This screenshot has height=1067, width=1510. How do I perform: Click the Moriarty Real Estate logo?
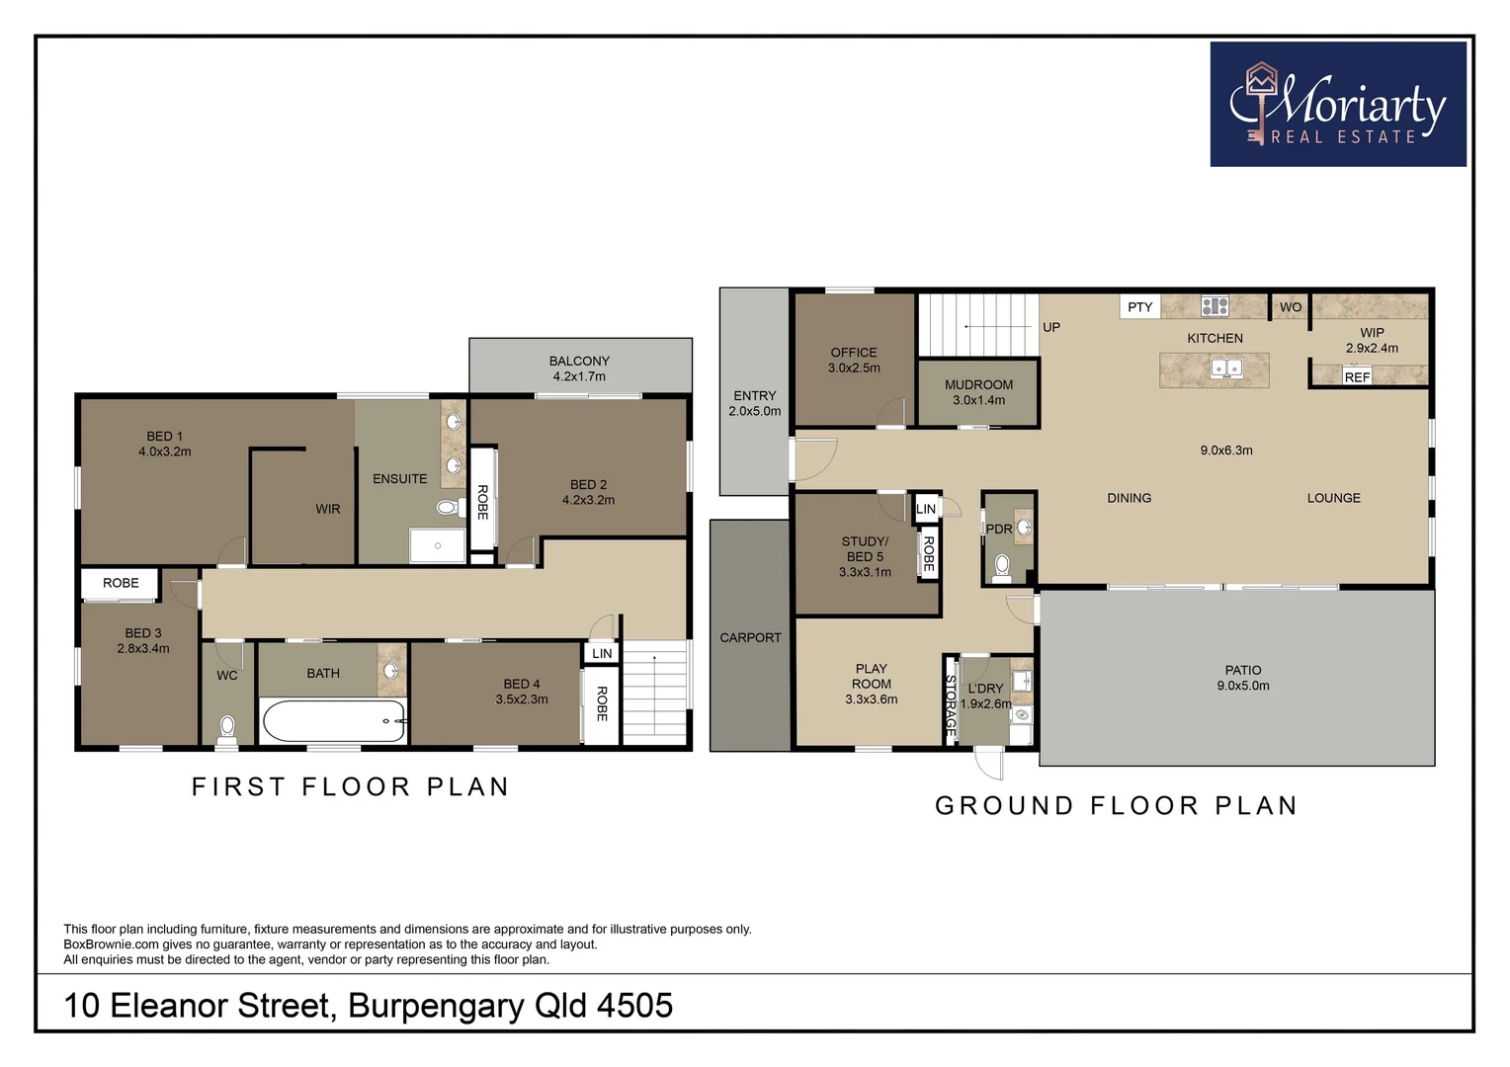(x=1338, y=104)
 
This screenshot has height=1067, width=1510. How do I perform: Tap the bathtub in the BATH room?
(x=334, y=720)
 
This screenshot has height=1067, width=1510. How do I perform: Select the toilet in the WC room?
(x=227, y=730)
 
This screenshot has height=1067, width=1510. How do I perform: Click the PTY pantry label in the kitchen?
(x=1140, y=306)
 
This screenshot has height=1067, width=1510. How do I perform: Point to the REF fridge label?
(x=1357, y=376)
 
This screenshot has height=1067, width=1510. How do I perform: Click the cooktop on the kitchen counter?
(x=1215, y=306)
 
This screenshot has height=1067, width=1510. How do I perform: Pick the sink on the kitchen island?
(x=1227, y=369)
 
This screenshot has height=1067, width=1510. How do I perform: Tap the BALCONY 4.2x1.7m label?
(x=579, y=369)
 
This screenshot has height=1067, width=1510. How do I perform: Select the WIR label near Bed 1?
(x=328, y=509)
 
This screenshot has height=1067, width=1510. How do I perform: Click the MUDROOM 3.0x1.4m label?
(x=978, y=392)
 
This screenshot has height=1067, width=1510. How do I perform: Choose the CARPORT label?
(x=750, y=637)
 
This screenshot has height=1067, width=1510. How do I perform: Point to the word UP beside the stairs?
(x=1051, y=327)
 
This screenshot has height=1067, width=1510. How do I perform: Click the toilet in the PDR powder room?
(x=1002, y=567)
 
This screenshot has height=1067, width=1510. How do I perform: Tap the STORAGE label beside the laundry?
(x=951, y=705)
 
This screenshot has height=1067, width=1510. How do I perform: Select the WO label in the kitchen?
(x=1291, y=306)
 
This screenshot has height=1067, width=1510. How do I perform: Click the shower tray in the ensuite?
(x=438, y=545)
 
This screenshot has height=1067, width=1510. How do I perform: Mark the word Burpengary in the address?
(x=436, y=1006)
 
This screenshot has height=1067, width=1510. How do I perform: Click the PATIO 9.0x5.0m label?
(x=1243, y=678)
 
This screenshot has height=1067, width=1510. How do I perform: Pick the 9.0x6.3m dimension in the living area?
(x=1226, y=451)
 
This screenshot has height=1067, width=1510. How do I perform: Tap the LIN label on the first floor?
(x=602, y=653)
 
